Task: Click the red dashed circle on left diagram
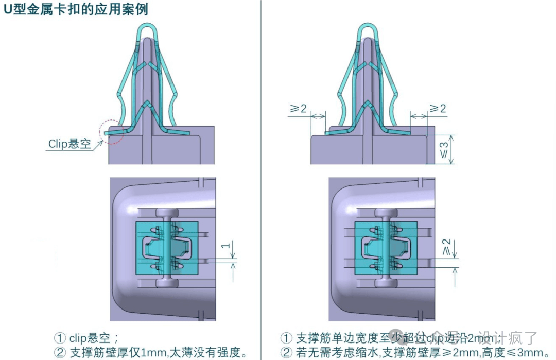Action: point(112,132)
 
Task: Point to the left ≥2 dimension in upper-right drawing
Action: point(299,109)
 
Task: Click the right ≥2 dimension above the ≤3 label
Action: point(438,109)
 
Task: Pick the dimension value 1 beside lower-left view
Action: point(224,246)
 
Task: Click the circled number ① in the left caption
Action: point(60,338)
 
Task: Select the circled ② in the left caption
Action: point(60,353)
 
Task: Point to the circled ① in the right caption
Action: point(286,338)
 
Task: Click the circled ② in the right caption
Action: point(286,353)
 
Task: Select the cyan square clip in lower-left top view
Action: point(166,248)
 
